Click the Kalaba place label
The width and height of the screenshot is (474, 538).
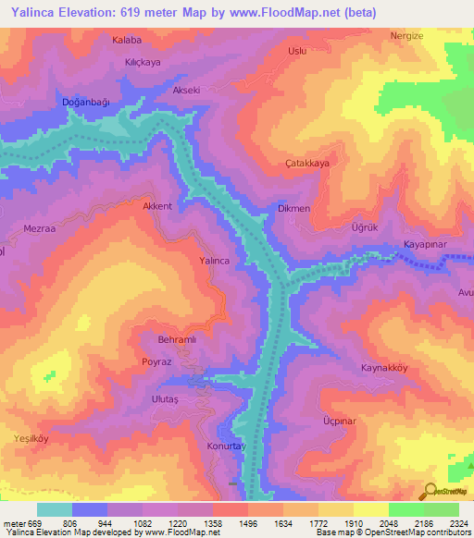[127, 41]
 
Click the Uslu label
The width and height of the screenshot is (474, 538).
[297, 52]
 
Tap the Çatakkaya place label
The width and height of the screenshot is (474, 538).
[307, 163]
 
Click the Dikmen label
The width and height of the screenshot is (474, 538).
[293, 209]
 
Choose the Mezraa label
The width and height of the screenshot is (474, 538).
[40, 227]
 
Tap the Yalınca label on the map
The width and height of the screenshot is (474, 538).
[214, 262]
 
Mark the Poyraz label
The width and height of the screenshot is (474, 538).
[156, 362]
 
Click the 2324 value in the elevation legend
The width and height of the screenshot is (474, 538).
[445, 522]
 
